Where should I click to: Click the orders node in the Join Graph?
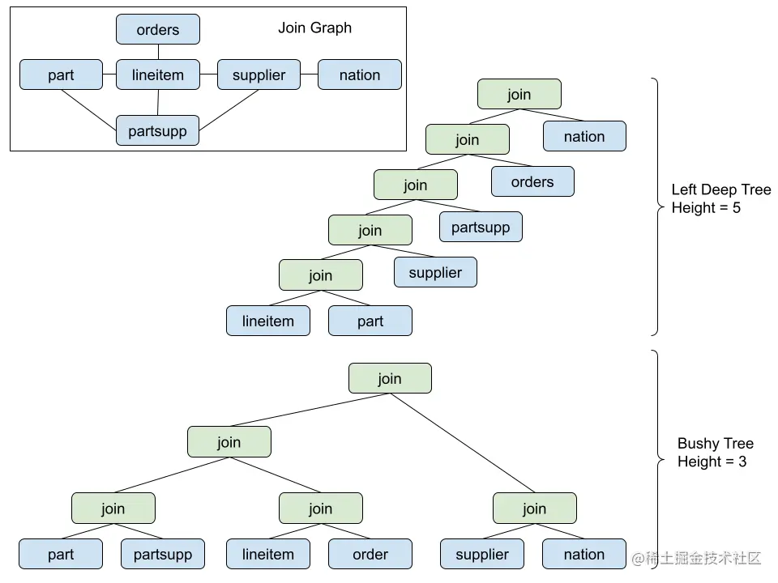pyautogui.click(x=158, y=30)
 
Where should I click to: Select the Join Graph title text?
pyautogui.click(x=314, y=28)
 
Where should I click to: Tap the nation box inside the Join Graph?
pyautogui.click(x=359, y=75)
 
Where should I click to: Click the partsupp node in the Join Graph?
pyautogui.click(x=158, y=131)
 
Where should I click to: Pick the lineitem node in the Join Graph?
pyautogui.click(x=158, y=75)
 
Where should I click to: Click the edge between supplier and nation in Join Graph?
pyautogui.click(x=309, y=75)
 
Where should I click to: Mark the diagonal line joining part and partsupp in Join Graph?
pyautogui.click(x=89, y=110)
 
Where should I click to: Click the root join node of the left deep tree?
pyautogui.click(x=519, y=95)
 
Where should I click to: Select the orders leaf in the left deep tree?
pyautogui.click(x=532, y=182)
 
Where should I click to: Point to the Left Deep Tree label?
pyautogui.click(x=720, y=190)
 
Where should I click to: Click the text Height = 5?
pyautogui.click(x=706, y=208)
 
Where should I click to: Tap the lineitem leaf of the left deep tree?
pyautogui.click(x=268, y=321)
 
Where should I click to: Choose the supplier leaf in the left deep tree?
pyautogui.click(x=435, y=273)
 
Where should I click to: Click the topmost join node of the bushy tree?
pyautogui.click(x=390, y=379)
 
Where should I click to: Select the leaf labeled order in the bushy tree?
pyautogui.click(x=370, y=555)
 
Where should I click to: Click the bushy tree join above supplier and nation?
pyautogui.click(x=534, y=509)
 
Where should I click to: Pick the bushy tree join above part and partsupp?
pyautogui.click(x=113, y=509)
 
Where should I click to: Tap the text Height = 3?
pyautogui.click(x=712, y=462)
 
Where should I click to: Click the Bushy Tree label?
pyautogui.click(x=715, y=444)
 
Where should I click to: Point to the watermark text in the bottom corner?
pyautogui.click(x=698, y=558)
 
